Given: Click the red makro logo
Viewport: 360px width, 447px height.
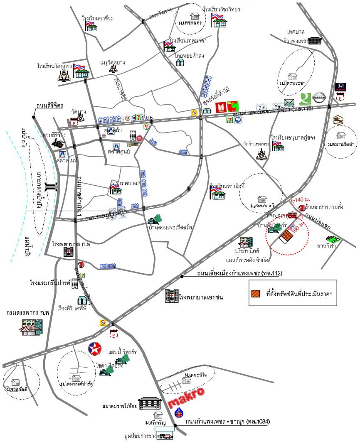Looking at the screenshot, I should coord(187,397).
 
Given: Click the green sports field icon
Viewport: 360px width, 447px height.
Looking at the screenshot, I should coord(333,239).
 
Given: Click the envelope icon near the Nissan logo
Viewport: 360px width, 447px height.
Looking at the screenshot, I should coord(289,103).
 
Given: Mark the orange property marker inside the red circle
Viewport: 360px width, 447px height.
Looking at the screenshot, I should coord(286,238).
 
